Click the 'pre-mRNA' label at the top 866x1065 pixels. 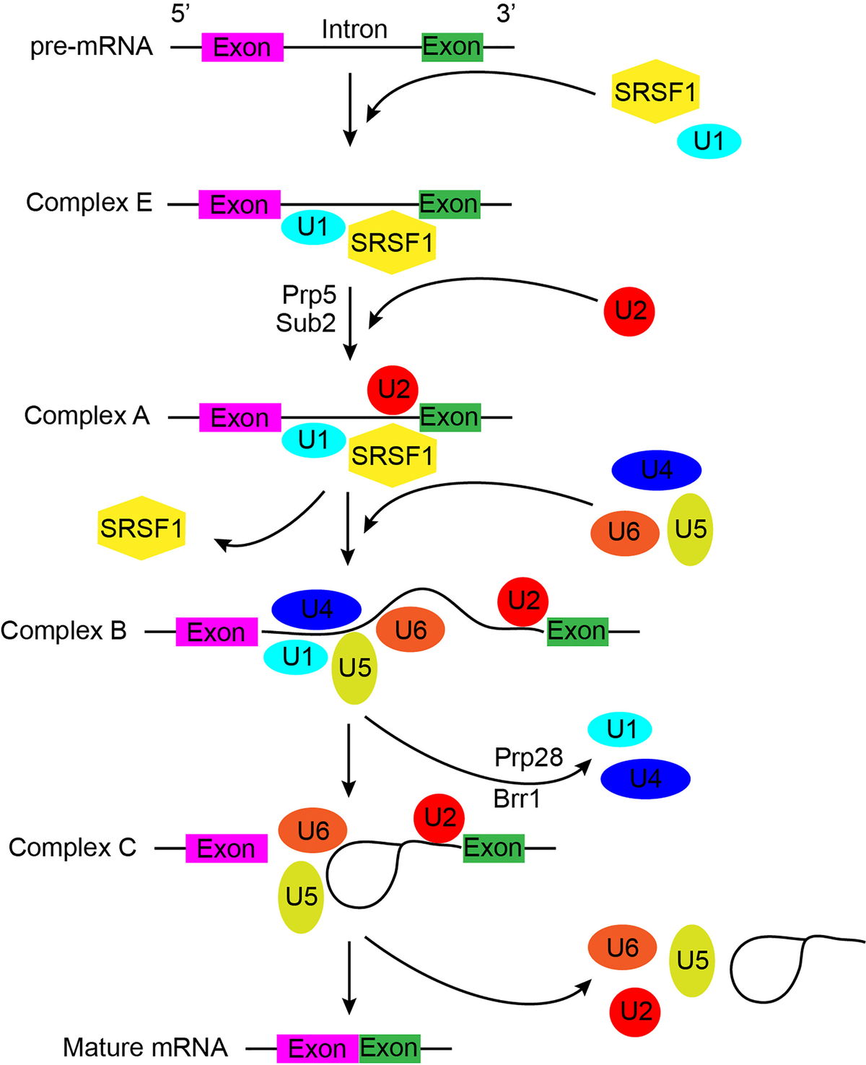(92, 47)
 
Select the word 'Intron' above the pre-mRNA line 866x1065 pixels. (354, 30)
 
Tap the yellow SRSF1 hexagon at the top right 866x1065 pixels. (655, 92)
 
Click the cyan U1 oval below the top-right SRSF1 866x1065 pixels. (709, 142)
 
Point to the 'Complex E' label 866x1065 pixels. (89, 203)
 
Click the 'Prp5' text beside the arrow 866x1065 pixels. (309, 295)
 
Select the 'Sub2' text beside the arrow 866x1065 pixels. (306, 323)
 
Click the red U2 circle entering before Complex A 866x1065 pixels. (629, 311)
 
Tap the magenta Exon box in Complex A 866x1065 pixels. (240, 418)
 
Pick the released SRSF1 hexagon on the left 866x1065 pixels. (141, 528)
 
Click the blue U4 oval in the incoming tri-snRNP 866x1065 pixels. (656, 471)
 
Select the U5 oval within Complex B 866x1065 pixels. (354, 669)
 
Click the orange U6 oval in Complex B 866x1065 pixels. (411, 630)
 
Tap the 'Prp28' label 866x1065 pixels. (528, 757)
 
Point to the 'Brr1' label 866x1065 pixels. (517, 799)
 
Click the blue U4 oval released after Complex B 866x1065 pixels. (645, 778)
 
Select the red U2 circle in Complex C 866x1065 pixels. (439, 818)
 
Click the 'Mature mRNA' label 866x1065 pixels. (145, 1047)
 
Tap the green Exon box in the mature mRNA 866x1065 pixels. (389, 1048)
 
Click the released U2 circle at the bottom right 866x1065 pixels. (636, 1012)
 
